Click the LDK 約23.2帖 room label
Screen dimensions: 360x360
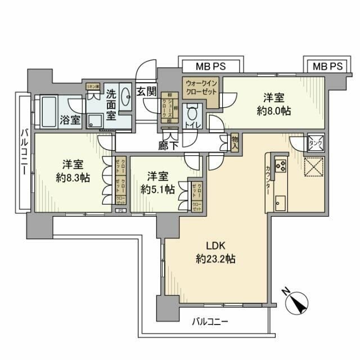point(216,253)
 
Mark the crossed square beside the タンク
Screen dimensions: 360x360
point(313,168)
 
